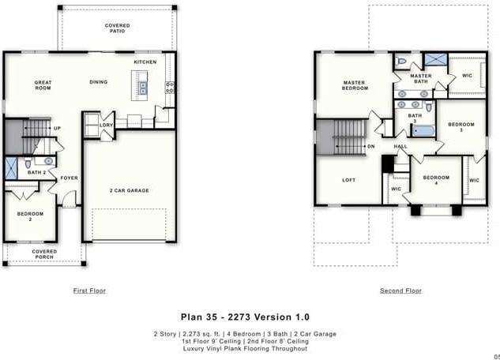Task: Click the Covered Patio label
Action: pyautogui.click(x=118, y=29)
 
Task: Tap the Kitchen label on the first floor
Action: pyautogui.click(x=145, y=62)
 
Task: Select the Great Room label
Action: pyautogui.click(x=43, y=85)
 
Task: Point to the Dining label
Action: pyautogui.click(x=99, y=82)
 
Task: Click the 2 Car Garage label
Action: pyautogui.click(x=129, y=190)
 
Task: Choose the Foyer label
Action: pyautogui.click(x=70, y=178)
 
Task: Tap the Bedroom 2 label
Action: pyautogui.click(x=30, y=216)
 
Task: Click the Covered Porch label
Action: pyautogui.click(x=44, y=254)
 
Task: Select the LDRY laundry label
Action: pyautogui.click(x=106, y=125)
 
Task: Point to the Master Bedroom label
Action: pyautogui.click(x=355, y=85)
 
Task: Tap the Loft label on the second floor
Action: pyautogui.click(x=348, y=180)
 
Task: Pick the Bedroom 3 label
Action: pyautogui.click(x=461, y=127)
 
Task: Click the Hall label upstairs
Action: pyautogui.click(x=400, y=147)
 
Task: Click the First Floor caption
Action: pyautogui.click(x=89, y=291)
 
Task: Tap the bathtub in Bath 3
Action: pyautogui.click(x=423, y=131)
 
